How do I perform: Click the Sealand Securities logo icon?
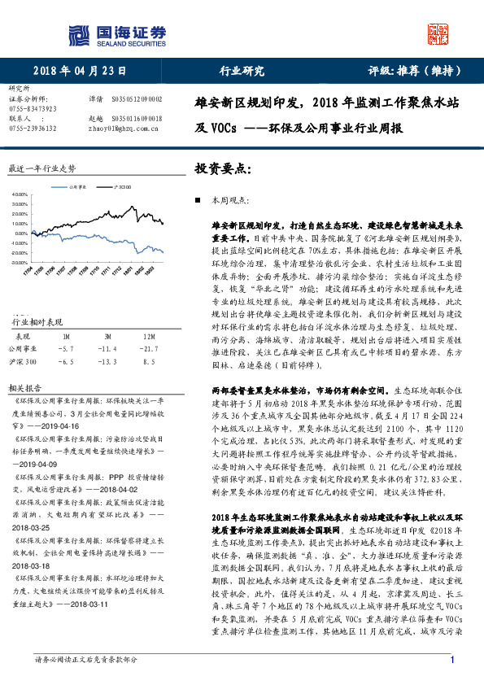[78, 34]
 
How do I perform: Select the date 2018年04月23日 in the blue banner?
[80, 71]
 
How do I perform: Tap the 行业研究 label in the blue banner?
[242, 71]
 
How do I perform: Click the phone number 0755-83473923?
[33, 108]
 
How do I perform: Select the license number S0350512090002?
[136, 98]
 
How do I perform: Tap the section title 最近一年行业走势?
[41, 168]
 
